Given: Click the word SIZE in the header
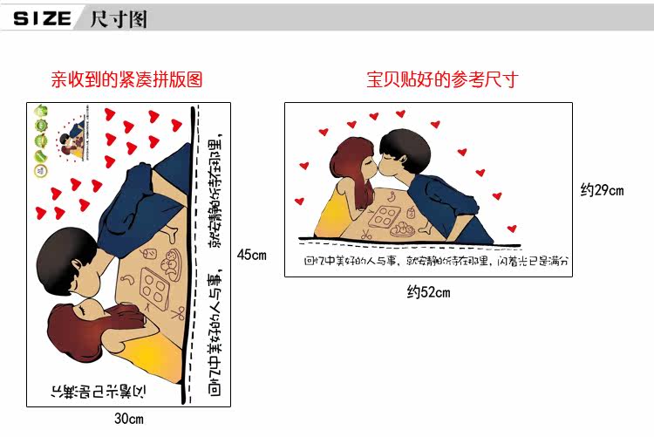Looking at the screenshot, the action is [42, 18].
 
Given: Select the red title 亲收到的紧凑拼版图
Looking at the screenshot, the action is [126, 80].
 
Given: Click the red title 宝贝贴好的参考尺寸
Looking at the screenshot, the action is [442, 80].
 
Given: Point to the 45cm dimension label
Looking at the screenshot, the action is [251, 256].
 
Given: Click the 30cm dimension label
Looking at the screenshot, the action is [129, 420].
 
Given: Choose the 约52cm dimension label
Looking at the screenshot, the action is [429, 292].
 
